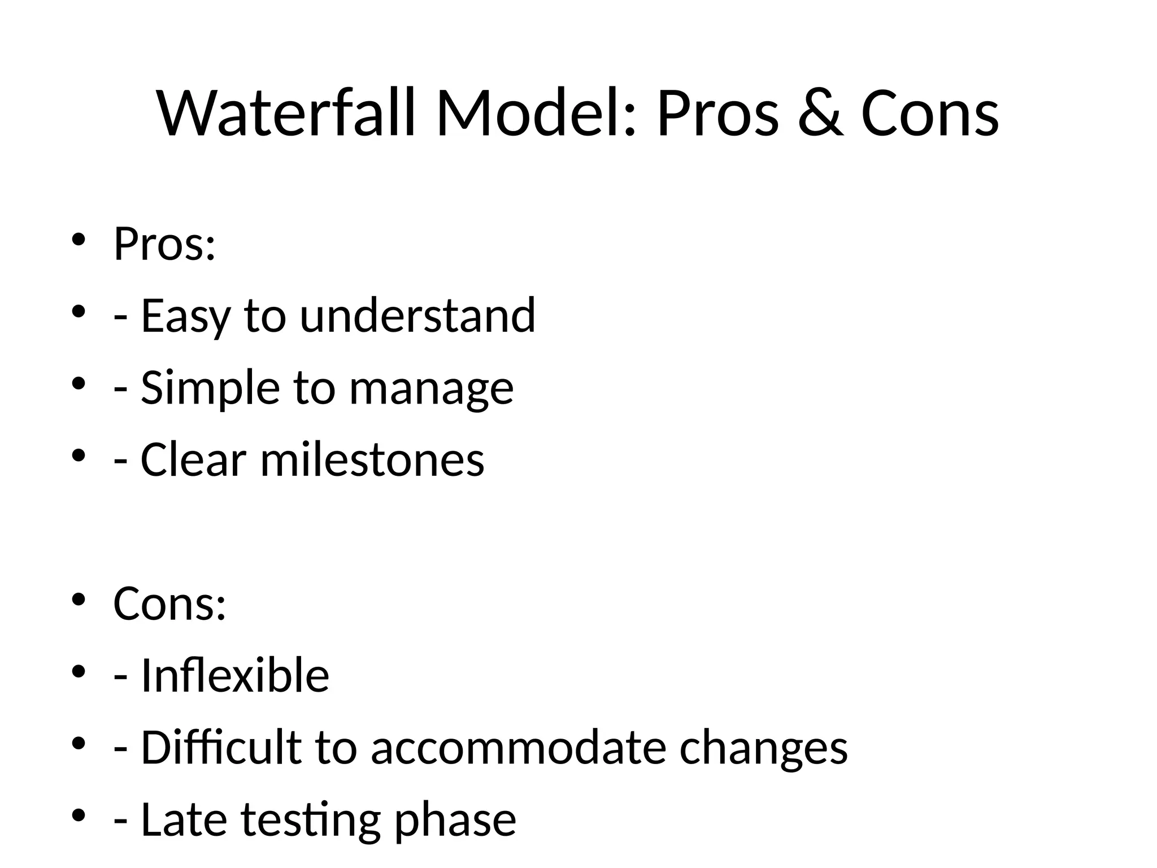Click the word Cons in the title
pyautogui.click(x=930, y=114)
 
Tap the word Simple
pyautogui.click(x=210, y=389)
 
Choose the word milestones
pyautogui.click(x=372, y=459)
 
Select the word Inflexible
pyautogui.click(x=234, y=675)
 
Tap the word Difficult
pyautogui.click(x=220, y=747)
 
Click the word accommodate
pyautogui.click(x=518, y=748)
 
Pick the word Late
pyautogui.click(x=184, y=819)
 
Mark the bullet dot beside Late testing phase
pyautogui.click(x=78, y=815)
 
